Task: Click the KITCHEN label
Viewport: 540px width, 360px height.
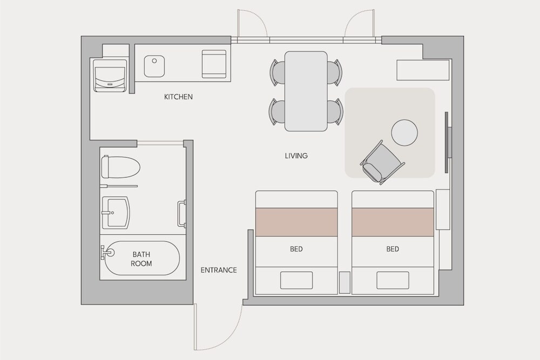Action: pyautogui.click(x=178, y=97)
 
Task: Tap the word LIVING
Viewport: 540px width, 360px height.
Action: pyautogui.click(x=296, y=155)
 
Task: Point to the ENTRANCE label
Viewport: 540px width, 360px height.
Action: pyautogui.click(x=219, y=270)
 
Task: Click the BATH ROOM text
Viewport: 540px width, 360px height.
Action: pyautogui.click(x=141, y=259)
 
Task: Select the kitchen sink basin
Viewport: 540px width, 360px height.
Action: pyautogui.click(x=154, y=66)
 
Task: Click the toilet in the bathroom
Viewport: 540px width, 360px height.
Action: pyautogui.click(x=120, y=167)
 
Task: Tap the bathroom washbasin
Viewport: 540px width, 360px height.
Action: pyautogui.click(x=116, y=213)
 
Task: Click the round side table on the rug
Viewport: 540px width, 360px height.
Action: pyautogui.click(x=404, y=133)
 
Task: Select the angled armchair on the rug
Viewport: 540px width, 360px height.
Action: pyautogui.click(x=382, y=162)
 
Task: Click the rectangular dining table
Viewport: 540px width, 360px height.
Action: pyautogui.click(x=306, y=91)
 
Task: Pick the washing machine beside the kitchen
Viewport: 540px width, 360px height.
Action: pyautogui.click(x=110, y=76)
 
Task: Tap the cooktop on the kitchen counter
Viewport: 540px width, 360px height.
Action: pyautogui.click(x=214, y=64)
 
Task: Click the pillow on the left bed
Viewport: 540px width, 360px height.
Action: pyautogui.click(x=296, y=280)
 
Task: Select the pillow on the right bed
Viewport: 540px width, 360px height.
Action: pyautogui.click(x=393, y=280)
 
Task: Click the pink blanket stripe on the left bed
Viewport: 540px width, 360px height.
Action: pyautogui.click(x=296, y=222)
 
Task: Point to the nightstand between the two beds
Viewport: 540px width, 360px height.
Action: pyautogui.click(x=345, y=283)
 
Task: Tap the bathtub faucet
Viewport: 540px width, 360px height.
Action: pyautogui.click(x=106, y=252)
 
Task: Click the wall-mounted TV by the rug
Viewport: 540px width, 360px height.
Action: pyautogui.click(x=448, y=142)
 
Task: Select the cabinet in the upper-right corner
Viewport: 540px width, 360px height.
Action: pyautogui.click(x=423, y=70)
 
